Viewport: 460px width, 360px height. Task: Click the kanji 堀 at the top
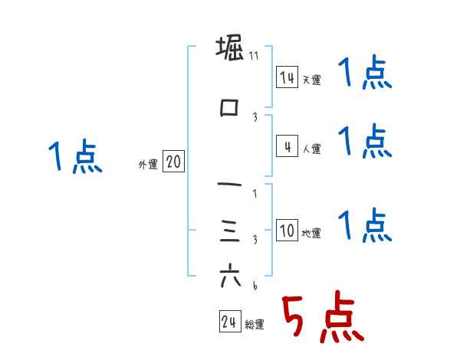point(230,49)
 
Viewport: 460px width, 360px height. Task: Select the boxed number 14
point(287,77)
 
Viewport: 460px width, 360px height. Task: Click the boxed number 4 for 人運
point(287,146)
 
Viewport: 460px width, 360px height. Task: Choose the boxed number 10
point(287,231)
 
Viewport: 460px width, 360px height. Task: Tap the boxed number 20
point(174,162)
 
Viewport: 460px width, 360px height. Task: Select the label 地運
point(311,234)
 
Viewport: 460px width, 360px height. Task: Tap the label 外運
point(147,164)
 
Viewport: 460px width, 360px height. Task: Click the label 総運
point(255,325)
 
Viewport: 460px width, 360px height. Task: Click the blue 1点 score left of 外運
point(74,157)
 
